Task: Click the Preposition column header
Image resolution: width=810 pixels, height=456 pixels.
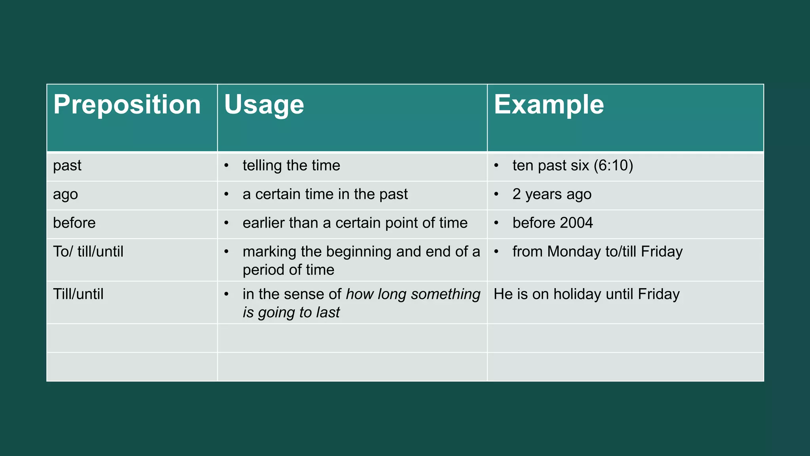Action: tap(127, 105)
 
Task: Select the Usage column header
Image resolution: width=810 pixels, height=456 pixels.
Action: tap(264, 105)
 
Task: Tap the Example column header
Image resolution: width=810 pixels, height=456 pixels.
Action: tap(549, 105)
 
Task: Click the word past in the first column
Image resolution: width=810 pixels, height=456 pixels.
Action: tap(67, 165)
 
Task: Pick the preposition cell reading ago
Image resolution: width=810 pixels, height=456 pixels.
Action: tap(66, 194)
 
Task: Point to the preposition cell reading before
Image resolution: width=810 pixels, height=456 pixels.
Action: tap(74, 223)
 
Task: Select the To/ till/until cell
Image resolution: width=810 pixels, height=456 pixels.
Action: tap(88, 252)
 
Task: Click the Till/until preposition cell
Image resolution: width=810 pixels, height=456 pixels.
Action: tap(78, 294)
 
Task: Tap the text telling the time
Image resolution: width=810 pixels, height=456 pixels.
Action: tap(291, 165)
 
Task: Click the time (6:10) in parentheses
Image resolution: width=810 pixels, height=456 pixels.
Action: tap(613, 165)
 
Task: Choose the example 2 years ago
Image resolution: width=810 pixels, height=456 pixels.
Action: tap(552, 194)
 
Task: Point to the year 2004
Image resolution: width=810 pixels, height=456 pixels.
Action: tap(576, 223)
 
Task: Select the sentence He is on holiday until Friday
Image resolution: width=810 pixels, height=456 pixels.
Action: tap(587, 294)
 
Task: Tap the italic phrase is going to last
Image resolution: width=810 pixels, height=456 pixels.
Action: tap(291, 313)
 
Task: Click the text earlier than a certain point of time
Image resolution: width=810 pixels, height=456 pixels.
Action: tap(355, 223)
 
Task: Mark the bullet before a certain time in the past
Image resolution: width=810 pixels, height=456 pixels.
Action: tap(227, 194)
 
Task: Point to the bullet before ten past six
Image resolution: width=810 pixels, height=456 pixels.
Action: tap(496, 165)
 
